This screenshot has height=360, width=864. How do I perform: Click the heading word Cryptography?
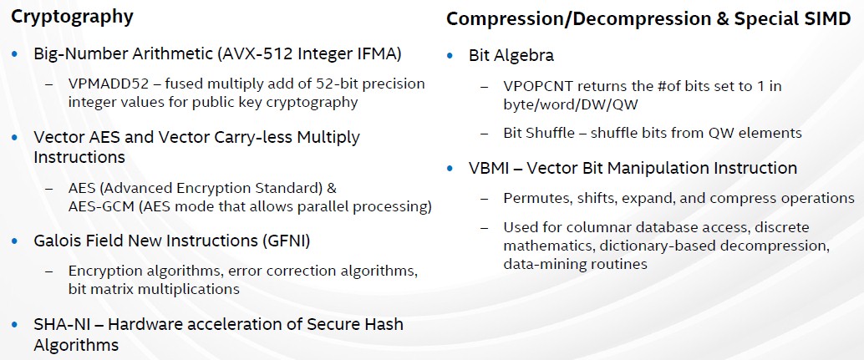click(72, 17)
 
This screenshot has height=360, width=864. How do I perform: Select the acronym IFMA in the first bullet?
click(372, 54)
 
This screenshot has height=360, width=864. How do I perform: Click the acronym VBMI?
click(488, 168)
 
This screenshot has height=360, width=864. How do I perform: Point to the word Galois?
click(55, 241)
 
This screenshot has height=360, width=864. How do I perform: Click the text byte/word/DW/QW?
click(571, 105)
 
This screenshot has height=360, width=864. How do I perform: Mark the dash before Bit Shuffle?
click(485, 133)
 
